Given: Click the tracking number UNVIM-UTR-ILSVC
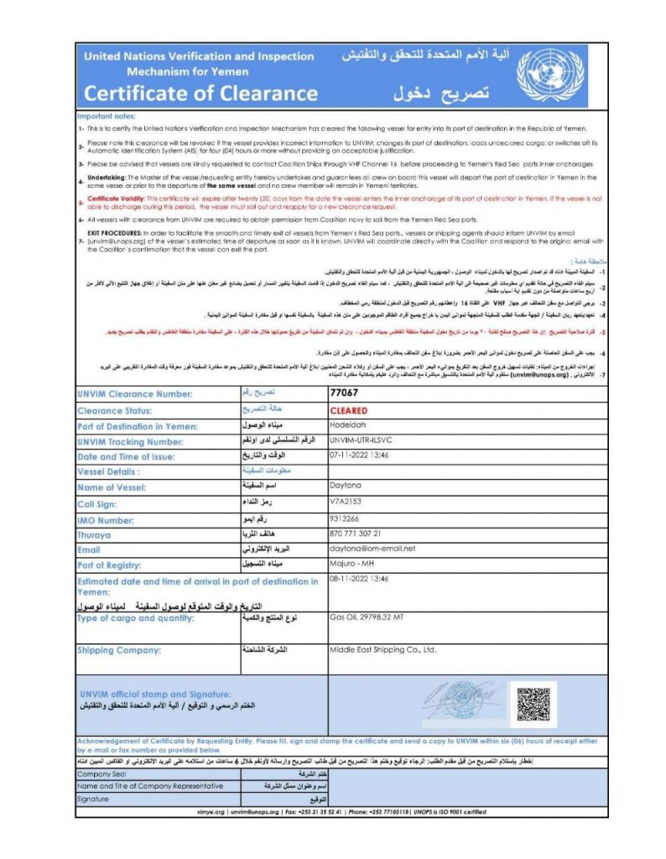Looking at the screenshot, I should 362,440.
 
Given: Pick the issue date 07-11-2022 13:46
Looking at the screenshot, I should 362,456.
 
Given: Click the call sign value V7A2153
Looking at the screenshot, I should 346,502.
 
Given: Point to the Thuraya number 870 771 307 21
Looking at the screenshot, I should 356,534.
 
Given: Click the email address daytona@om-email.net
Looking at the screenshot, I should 372,549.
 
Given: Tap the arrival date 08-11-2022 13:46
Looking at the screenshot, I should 362,579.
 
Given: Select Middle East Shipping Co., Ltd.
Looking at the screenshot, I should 382,648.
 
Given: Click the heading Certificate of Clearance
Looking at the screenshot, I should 200,93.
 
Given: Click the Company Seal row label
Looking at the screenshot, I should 101,774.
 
